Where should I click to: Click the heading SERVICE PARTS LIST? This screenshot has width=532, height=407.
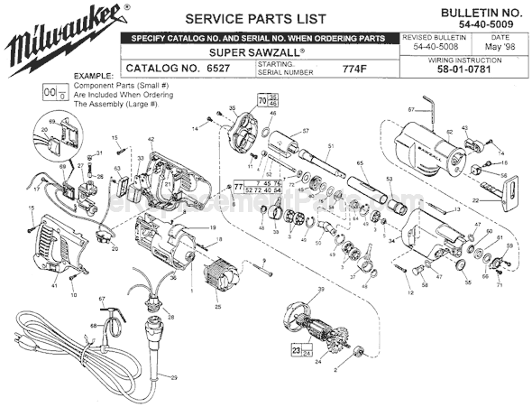(242, 19)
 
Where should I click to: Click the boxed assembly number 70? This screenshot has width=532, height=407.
(263, 101)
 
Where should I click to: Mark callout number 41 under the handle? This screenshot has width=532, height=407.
(54, 285)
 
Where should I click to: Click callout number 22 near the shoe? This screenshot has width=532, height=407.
(474, 199)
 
